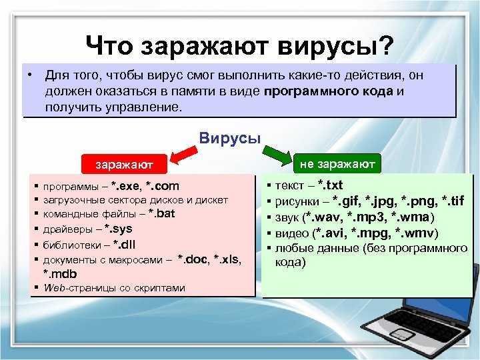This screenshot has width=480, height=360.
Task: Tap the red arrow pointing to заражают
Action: click(x=183, y=155)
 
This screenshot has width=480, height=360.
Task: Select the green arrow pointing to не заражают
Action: click(x=277, y=155)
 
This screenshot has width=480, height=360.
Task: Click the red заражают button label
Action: click(x=124, y=165)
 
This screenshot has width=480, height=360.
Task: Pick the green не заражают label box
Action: click(x=337, y=164)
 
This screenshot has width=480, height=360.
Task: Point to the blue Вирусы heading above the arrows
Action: click(x=230, y=138)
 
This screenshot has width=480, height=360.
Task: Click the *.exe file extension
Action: click(x=125, y=186)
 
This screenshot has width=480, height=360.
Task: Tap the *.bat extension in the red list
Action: click(x=161, y=213)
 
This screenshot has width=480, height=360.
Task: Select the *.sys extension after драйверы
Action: click(x=118, y=229)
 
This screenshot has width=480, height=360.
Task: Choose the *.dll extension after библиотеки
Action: click(x=124, y=245)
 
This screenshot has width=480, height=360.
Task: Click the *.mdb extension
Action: click(x=60, y=274)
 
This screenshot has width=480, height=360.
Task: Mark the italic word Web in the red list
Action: click(x=54, y=288)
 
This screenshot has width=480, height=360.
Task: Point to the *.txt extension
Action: click(x=330, y=185)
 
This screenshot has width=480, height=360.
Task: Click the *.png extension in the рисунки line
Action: click(x=418, y=201)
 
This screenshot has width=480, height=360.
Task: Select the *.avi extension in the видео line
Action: click(x=330, y=233)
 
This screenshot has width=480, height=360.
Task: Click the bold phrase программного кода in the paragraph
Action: click(x=328, y=91)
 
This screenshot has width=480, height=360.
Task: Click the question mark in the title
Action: click(x=383, y=45)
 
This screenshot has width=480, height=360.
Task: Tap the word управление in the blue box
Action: click(x=143, y=108)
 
